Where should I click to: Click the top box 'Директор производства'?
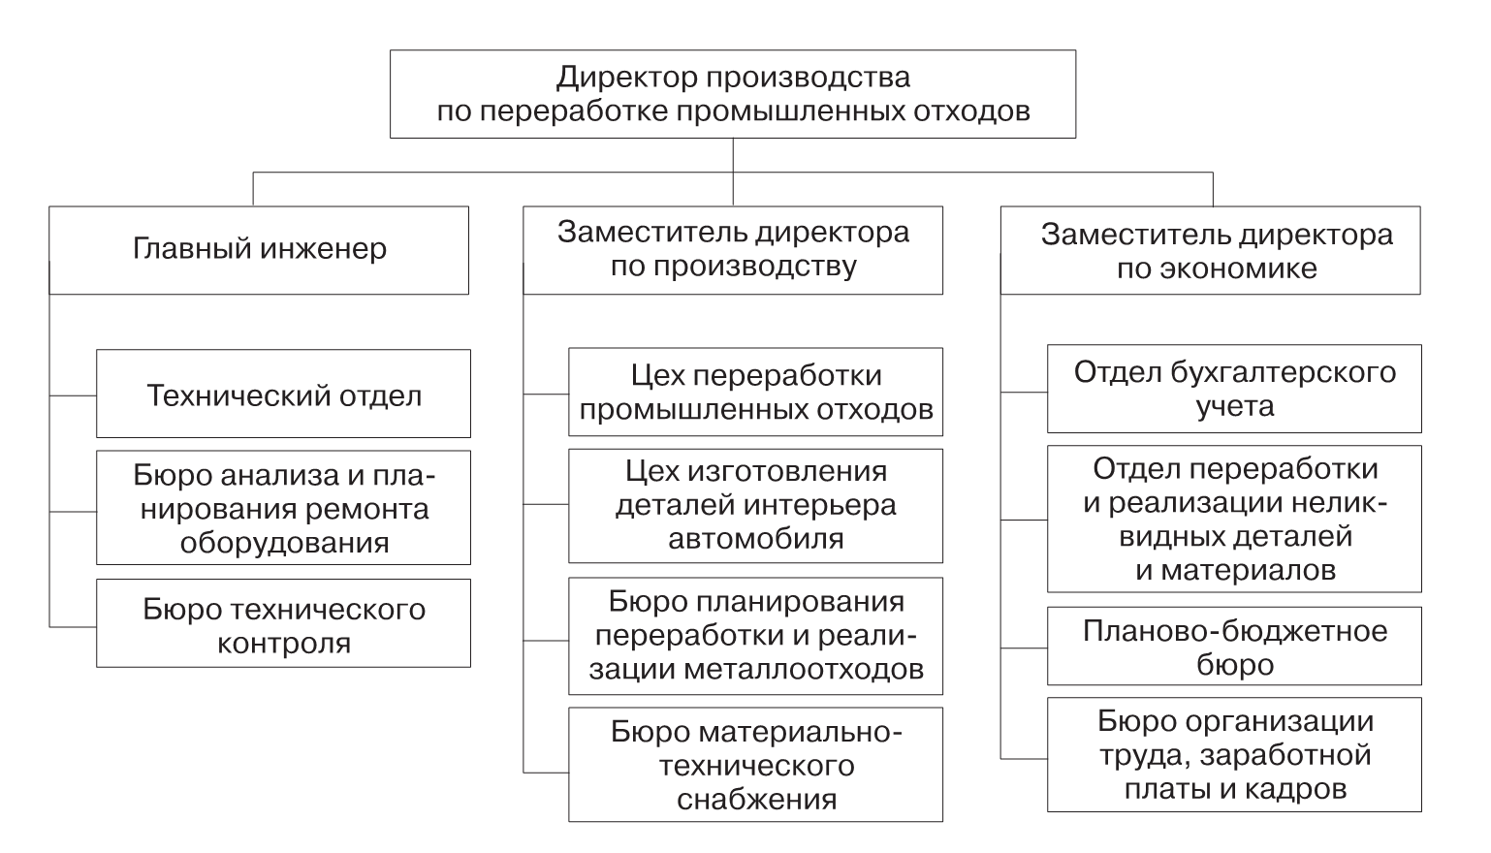pos(733,94)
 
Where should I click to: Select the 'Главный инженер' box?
pos(259,250)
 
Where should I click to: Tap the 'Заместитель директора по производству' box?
pos(733,250)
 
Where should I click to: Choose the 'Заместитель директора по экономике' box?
pos(1211,250)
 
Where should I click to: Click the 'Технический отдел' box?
pos(283,394)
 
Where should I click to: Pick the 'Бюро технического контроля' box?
pos(283,623)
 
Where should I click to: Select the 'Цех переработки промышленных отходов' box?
pos(755,392)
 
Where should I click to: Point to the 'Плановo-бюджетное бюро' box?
pos(1235,647)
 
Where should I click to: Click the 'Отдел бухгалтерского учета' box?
pos(1235,389)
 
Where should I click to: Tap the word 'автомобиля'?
pos(756,538)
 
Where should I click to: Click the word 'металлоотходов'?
pos(804,669)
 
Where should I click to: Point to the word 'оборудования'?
pos(284,544)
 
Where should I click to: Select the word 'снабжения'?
pos(757,799)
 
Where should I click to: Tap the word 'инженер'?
pos(323,249)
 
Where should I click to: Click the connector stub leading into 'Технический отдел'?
pos(74,395)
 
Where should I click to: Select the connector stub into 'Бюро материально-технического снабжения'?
pos(546,773)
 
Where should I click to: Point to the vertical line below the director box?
pos(733,172)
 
